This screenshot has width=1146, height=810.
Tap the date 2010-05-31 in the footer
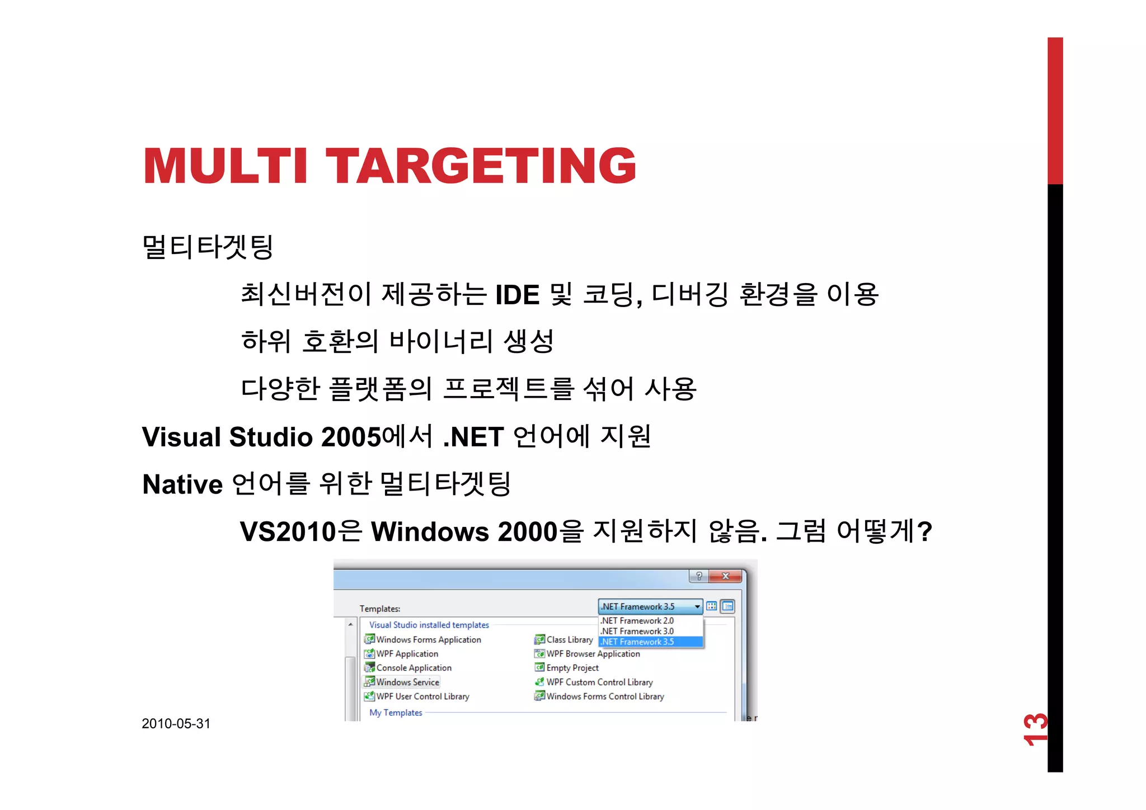[x=176, y=723]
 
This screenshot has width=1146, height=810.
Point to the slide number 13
[x=1035, y=729]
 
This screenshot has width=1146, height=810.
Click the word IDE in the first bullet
[x=517, y=295]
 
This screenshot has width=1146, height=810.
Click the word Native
[x=182, y=484]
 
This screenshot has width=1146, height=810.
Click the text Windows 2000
[x=464, y=531]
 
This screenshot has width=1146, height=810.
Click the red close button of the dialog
[x=725, y=576]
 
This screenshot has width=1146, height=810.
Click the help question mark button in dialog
[x=698, y=576]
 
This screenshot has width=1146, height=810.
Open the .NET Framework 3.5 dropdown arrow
[x=697, y=606]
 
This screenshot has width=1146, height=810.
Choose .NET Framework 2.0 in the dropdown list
[x=637, y=620]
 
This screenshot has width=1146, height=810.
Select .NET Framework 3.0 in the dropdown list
[x=637, y=631]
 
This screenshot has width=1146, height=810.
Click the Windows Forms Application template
[x=428, y=639]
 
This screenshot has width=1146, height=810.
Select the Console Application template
[x=414, y=668]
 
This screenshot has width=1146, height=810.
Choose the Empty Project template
[x=572, y=668]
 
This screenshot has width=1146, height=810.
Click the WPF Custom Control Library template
[x=599, y=682]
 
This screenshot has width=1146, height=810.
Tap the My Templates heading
[x=396, y=713]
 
